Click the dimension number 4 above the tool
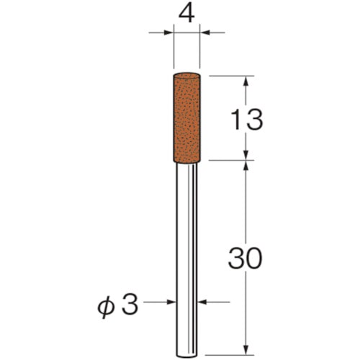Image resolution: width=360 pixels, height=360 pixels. pos(186,14)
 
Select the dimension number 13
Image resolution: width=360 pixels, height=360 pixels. pos(246,120)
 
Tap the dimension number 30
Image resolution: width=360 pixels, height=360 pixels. pos(245,258)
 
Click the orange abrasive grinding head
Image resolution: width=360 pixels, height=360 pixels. pos(186,118)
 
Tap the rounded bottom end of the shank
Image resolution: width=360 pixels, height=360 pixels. pos(186,356)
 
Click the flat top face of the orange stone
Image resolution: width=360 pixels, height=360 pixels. pos(186,75)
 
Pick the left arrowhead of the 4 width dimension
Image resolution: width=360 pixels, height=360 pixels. pos(168,32)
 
